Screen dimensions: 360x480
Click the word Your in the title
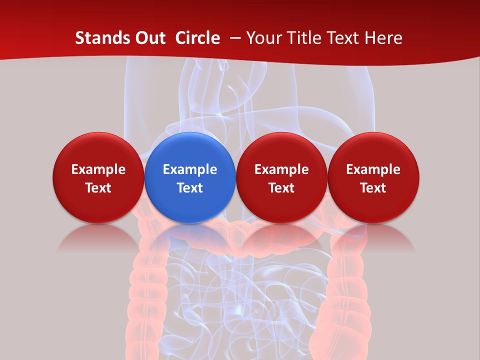tap(263, 38)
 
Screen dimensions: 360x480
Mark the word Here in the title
tap(383, 38)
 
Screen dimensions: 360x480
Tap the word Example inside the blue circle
tap(190, 169)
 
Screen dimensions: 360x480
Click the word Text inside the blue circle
tap(190, 188)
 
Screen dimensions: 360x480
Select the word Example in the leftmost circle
tap(98, 169)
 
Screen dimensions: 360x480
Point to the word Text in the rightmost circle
tap(373, 188)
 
